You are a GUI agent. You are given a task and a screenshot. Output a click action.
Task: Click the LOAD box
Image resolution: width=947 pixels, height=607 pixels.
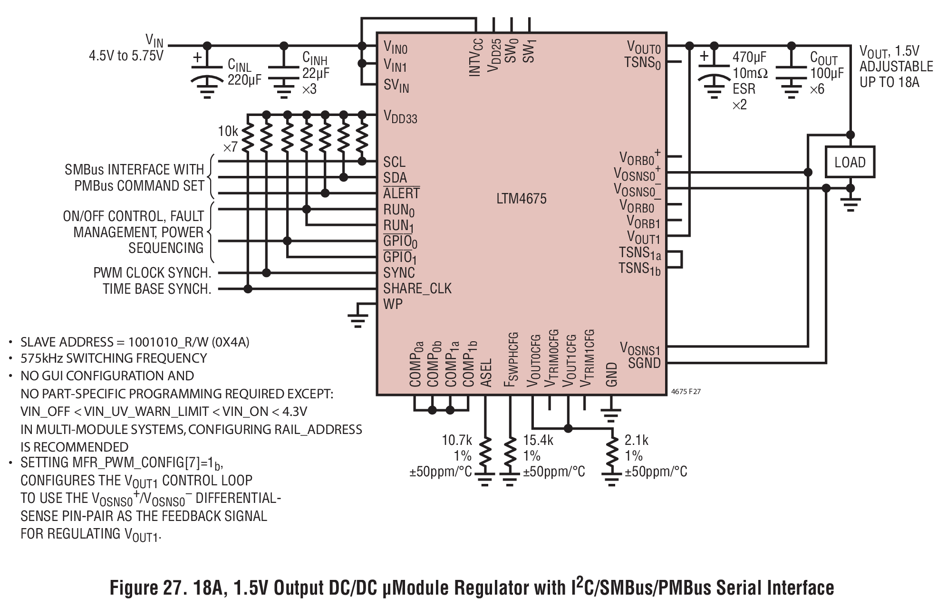coord(850,162)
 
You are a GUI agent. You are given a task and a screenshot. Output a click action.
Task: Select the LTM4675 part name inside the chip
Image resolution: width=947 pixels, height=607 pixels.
coord(522,198)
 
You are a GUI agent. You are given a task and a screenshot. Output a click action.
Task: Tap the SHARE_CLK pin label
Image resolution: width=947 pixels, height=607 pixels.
coord(417,289)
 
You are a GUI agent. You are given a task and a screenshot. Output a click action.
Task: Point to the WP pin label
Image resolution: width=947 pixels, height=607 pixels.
coord(393,304)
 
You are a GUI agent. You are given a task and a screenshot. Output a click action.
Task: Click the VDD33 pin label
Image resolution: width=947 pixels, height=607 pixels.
coord(400,117)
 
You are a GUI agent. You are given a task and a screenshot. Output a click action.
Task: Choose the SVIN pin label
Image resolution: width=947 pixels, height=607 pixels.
coord(396,87)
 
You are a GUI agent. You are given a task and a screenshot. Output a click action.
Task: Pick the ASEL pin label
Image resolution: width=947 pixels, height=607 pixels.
coord(486,372)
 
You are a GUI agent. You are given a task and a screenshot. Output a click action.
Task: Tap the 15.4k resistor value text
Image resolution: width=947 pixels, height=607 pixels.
coord(538,440)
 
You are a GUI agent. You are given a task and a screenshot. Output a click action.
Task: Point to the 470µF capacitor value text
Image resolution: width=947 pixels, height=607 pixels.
coord(749,57)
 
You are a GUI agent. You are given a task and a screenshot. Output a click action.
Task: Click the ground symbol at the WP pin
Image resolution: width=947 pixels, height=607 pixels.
coord(357,319)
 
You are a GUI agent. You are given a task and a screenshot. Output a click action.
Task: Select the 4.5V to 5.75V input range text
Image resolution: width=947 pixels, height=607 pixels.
coord(126,56)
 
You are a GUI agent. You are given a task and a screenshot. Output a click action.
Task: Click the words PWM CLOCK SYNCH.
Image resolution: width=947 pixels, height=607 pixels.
coord(152,273)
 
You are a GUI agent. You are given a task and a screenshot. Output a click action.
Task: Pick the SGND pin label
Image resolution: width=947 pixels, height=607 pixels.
coord(644,363)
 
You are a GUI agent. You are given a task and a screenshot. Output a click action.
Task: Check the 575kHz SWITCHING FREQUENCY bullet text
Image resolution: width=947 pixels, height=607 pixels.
coord(114,358)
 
